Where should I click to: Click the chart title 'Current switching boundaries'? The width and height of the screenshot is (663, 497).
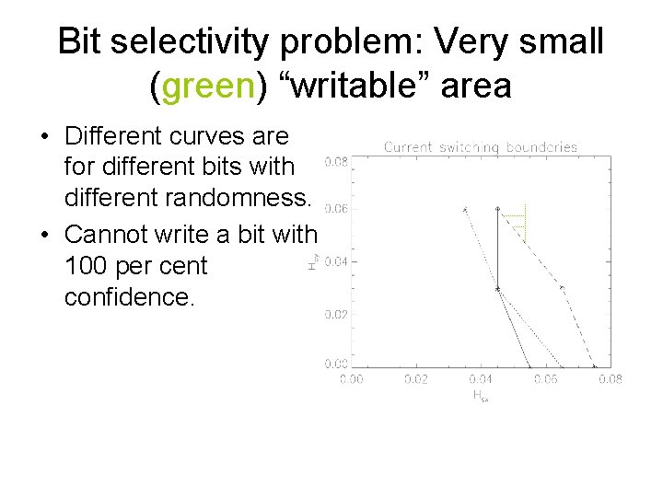coord(480,146)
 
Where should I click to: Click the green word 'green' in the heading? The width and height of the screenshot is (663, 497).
coord(208,86)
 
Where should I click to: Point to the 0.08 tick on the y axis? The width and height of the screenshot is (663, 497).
coord(336,162)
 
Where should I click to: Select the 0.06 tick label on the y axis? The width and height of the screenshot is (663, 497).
coord(336,209)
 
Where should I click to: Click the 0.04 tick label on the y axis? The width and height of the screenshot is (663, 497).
coord(336,261)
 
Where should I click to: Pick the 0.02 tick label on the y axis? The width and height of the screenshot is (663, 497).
coord(336,314)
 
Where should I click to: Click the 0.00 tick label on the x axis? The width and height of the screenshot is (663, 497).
coord(351,378)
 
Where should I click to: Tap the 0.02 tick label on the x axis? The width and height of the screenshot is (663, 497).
coord(415,378)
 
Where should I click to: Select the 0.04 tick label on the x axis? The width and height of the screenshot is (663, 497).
coord(480,378)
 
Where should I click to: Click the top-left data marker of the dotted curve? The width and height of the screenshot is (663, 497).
coord(465,209)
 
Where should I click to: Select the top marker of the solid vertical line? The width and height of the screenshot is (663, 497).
coord(498,209)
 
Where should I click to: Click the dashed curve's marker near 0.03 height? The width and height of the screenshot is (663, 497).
coord(563,288)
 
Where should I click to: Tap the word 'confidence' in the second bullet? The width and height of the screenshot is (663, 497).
coord(129,297)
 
